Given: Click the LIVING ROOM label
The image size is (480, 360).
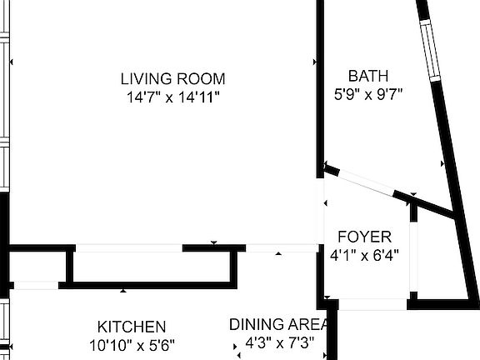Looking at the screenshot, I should click(x=172, y=79).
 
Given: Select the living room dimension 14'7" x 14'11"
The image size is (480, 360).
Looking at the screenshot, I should click(x=172, y=97).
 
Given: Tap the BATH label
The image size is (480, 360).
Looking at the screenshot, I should click(x=368, y=76).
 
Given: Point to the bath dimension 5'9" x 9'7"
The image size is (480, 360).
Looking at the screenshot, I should click(x=368, y=93).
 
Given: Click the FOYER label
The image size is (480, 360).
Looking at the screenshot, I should click(x=364, y=237).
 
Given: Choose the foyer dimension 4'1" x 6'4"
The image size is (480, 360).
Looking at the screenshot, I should click(x=364, y=255).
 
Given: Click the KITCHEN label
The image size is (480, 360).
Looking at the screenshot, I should click(x=132, y=327).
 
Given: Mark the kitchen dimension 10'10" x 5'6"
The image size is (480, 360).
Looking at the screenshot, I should click(x=132, y=344).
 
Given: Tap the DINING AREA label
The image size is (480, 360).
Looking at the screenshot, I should click(x=279, y=325).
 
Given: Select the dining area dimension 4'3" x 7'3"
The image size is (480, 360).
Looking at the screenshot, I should click(x=279, y=343).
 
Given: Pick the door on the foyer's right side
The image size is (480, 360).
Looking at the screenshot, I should click(x=412, y=254).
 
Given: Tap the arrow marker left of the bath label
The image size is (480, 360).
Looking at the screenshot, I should click(x=314, y=62).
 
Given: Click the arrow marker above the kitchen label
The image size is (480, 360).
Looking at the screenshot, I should click(x=123, y=291).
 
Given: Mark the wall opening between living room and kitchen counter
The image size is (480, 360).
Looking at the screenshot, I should click(x=129, y=247).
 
